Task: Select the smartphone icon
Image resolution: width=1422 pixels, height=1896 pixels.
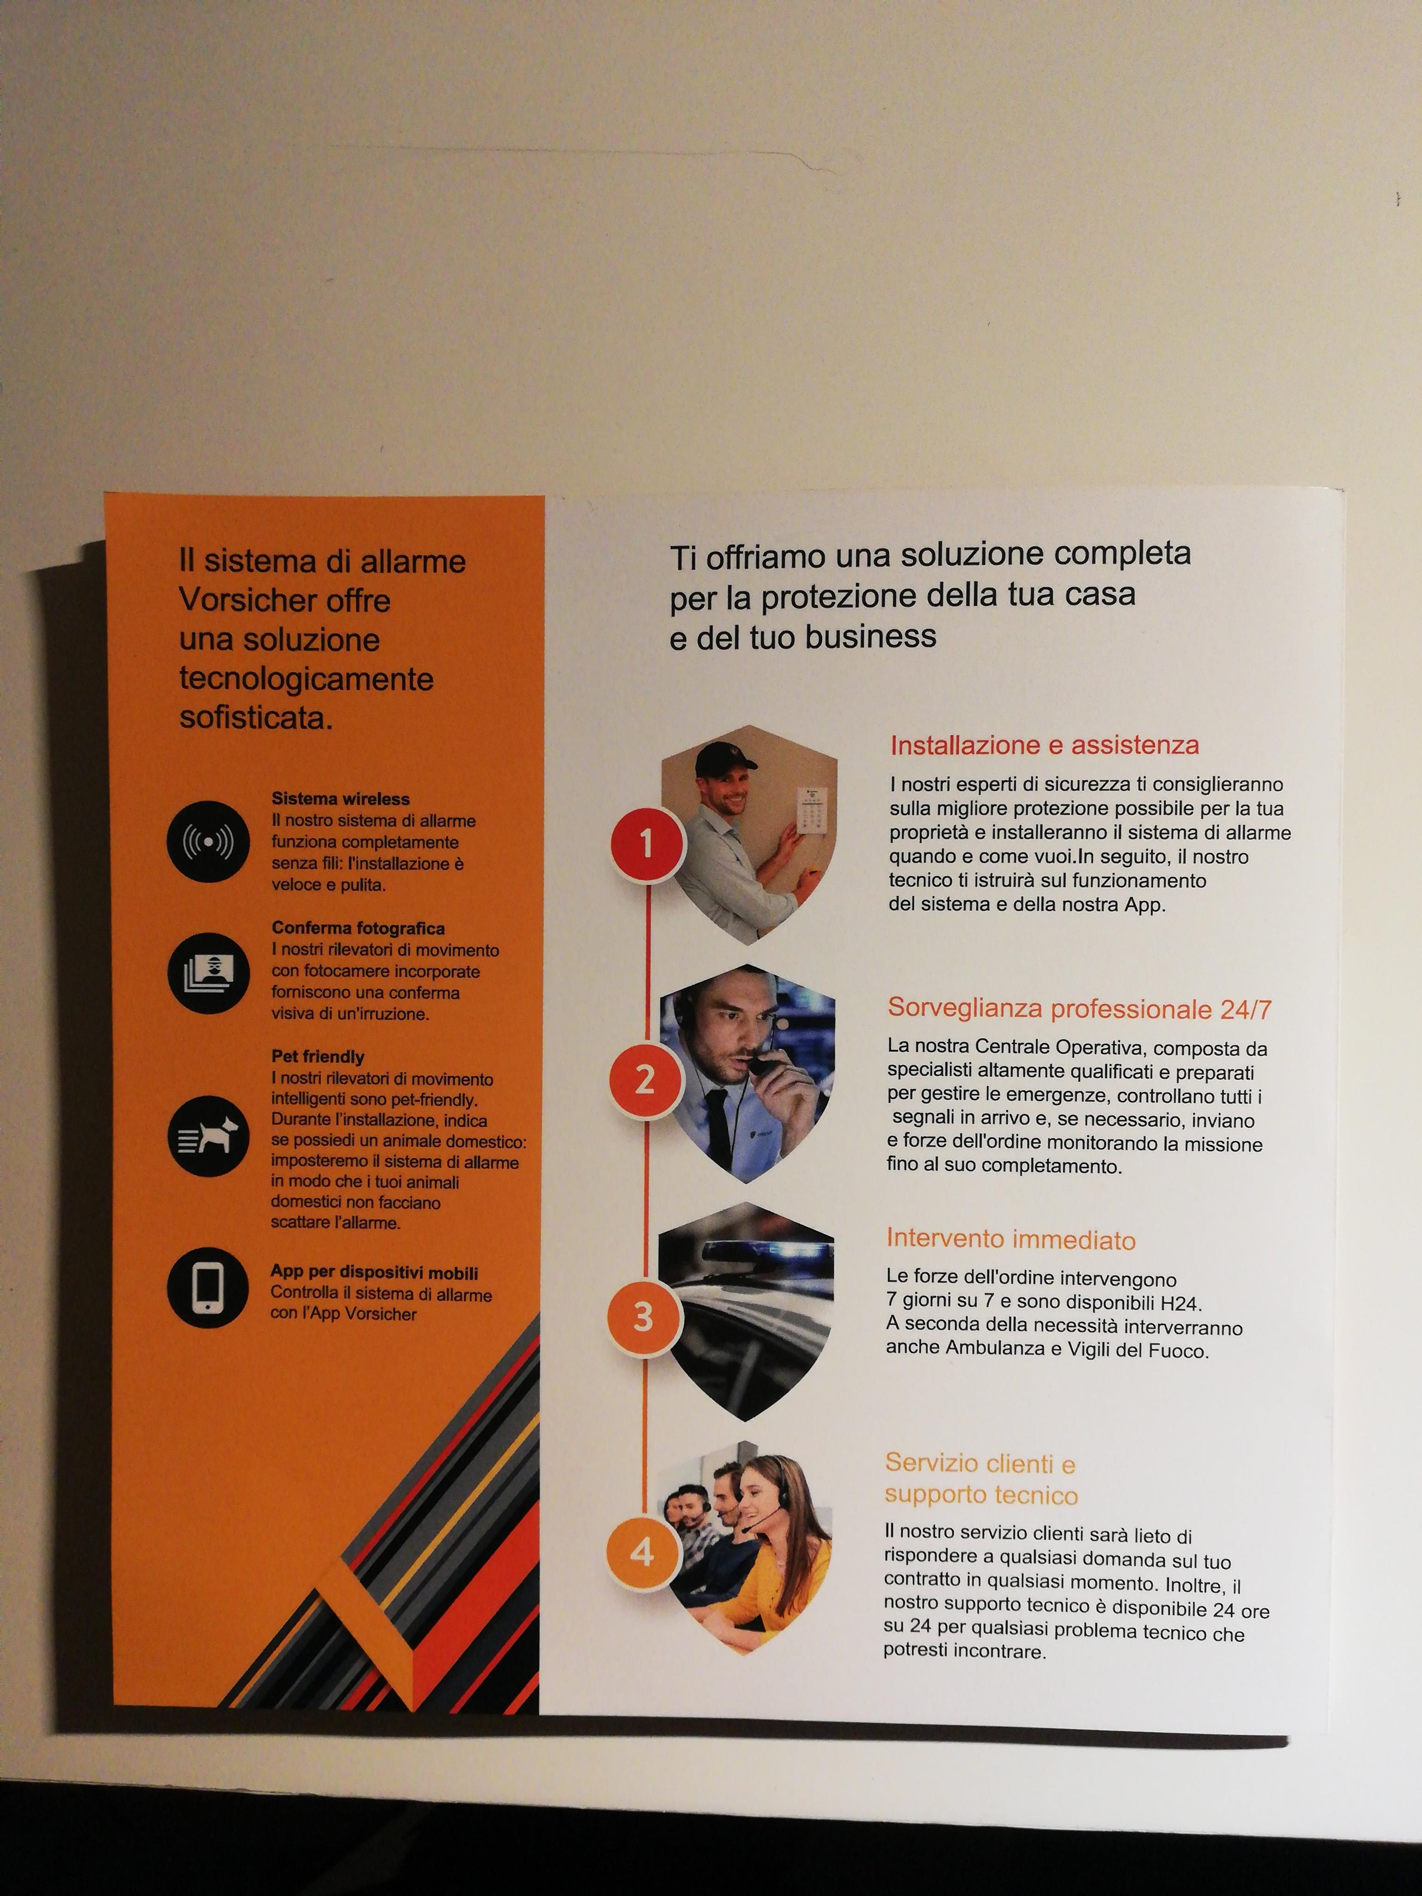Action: coord(207,1288)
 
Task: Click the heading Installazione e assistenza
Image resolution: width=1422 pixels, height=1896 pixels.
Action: coord(1044,745)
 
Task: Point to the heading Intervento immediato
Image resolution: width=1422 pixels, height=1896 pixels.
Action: coord(1011,1239)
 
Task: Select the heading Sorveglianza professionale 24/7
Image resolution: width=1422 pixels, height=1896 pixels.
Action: coord(1079,1008)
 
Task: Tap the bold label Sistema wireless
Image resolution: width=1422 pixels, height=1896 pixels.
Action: coord(340,799)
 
